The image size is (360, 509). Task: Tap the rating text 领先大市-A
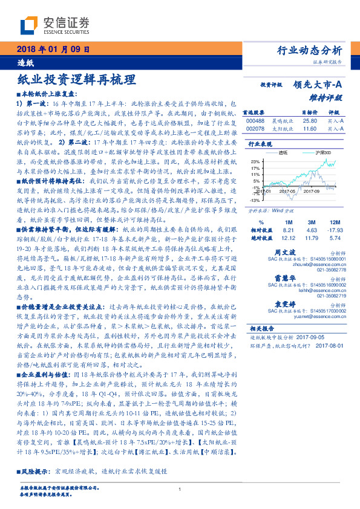click(x=318, y=85)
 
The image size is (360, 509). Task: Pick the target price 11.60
click(x=310, y=129)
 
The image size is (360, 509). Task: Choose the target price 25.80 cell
click(x=310, y=121)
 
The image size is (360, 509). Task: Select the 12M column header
click(x=334, y=222)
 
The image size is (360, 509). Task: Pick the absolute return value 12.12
click(x=287, y=238)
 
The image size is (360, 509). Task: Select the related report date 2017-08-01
click(x=330, y=345)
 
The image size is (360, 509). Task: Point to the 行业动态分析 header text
click(x=313, y=50)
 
